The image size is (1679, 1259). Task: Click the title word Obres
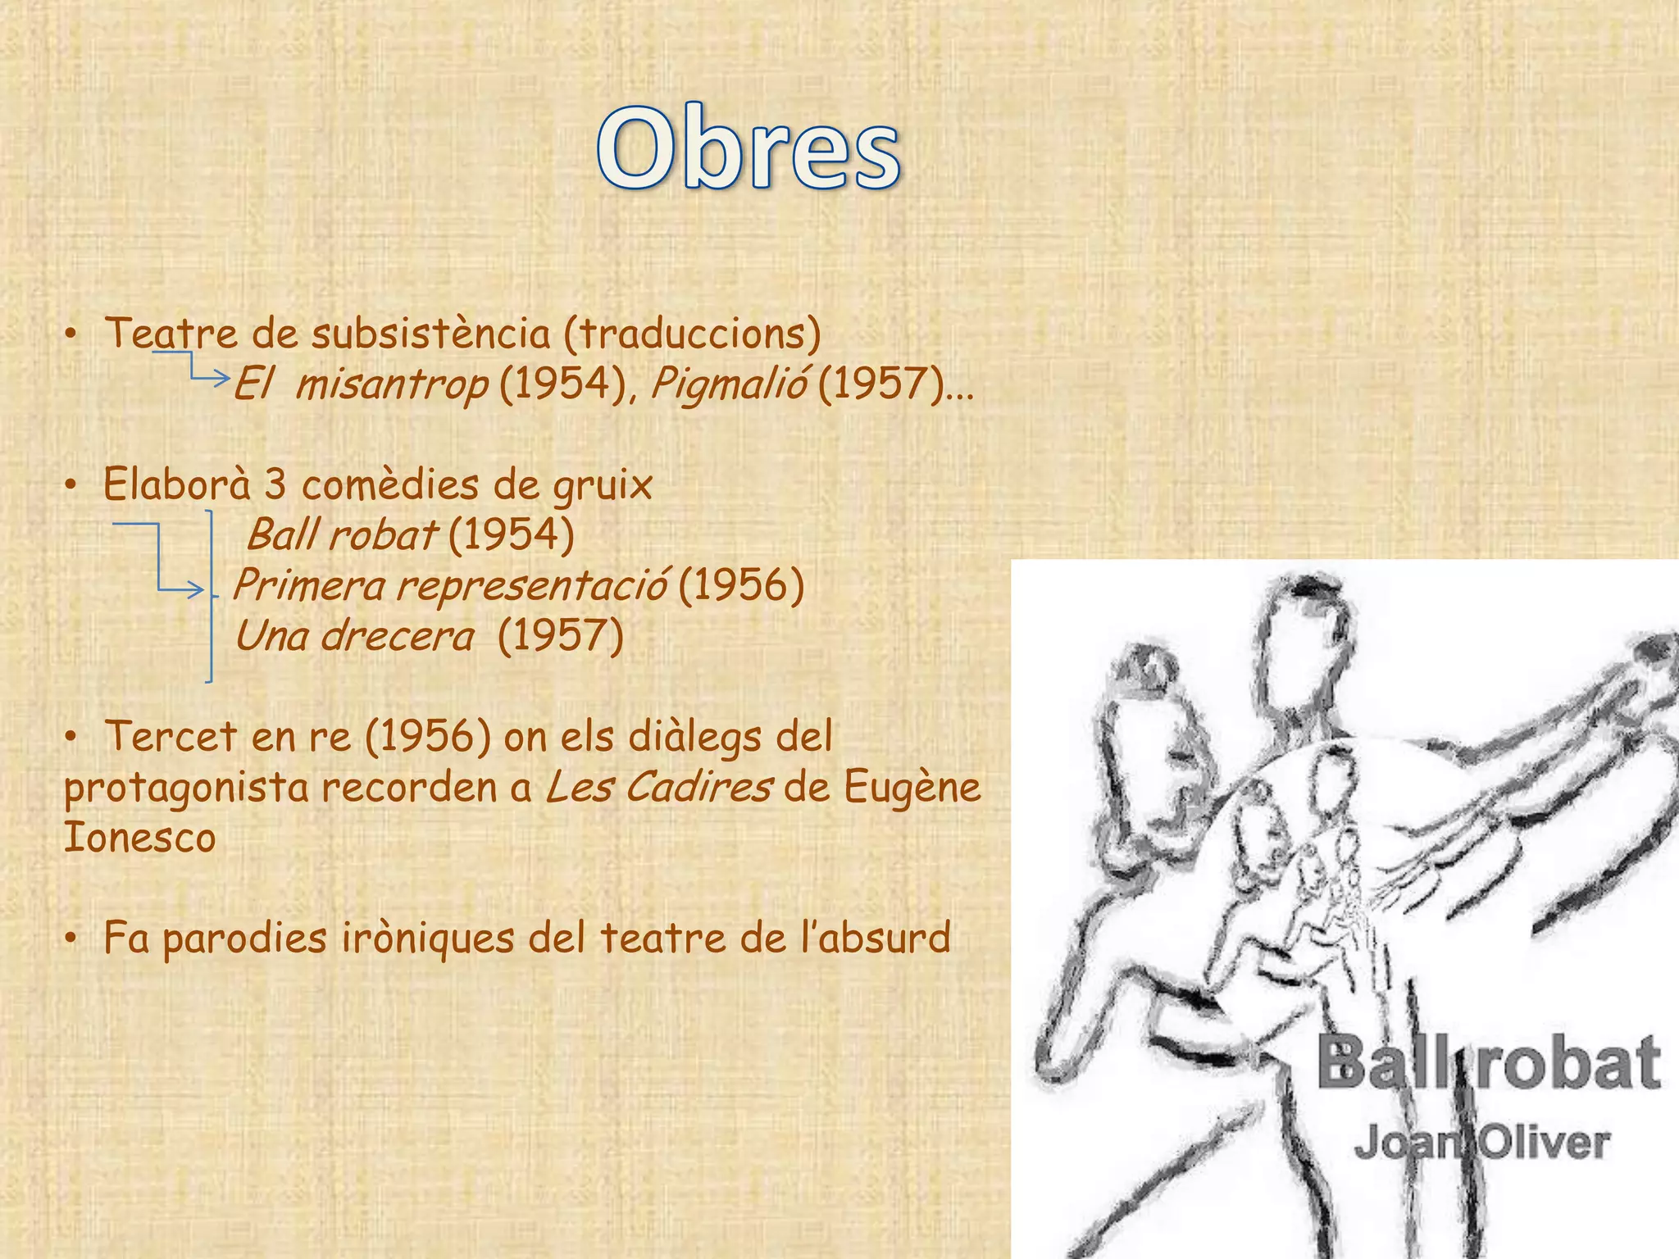(x=748, y=149)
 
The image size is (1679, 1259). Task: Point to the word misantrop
(x=392, y=384)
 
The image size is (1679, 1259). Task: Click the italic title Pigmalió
(x=729, y=384)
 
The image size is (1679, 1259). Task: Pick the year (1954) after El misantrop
(x=562, y=384)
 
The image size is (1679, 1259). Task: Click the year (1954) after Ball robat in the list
(x=512, y=535)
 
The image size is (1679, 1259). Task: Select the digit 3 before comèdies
(x=275, y=484)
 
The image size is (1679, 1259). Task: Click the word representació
(x=531, y=585)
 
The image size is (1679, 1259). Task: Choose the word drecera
(x=398, y=636)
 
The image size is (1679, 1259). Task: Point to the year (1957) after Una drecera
(x=561, y=636)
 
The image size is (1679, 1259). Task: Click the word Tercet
(x=171, y=736)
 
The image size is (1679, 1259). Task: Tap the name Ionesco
(x=140, y=838)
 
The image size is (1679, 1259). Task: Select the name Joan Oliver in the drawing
(x=1481, y=1143)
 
